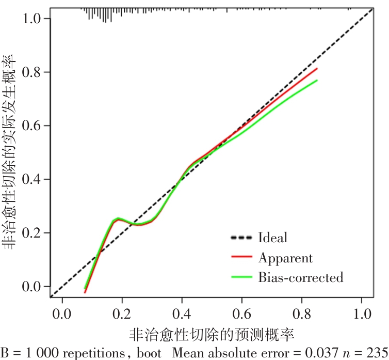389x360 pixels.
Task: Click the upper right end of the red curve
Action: coord(317,68)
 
